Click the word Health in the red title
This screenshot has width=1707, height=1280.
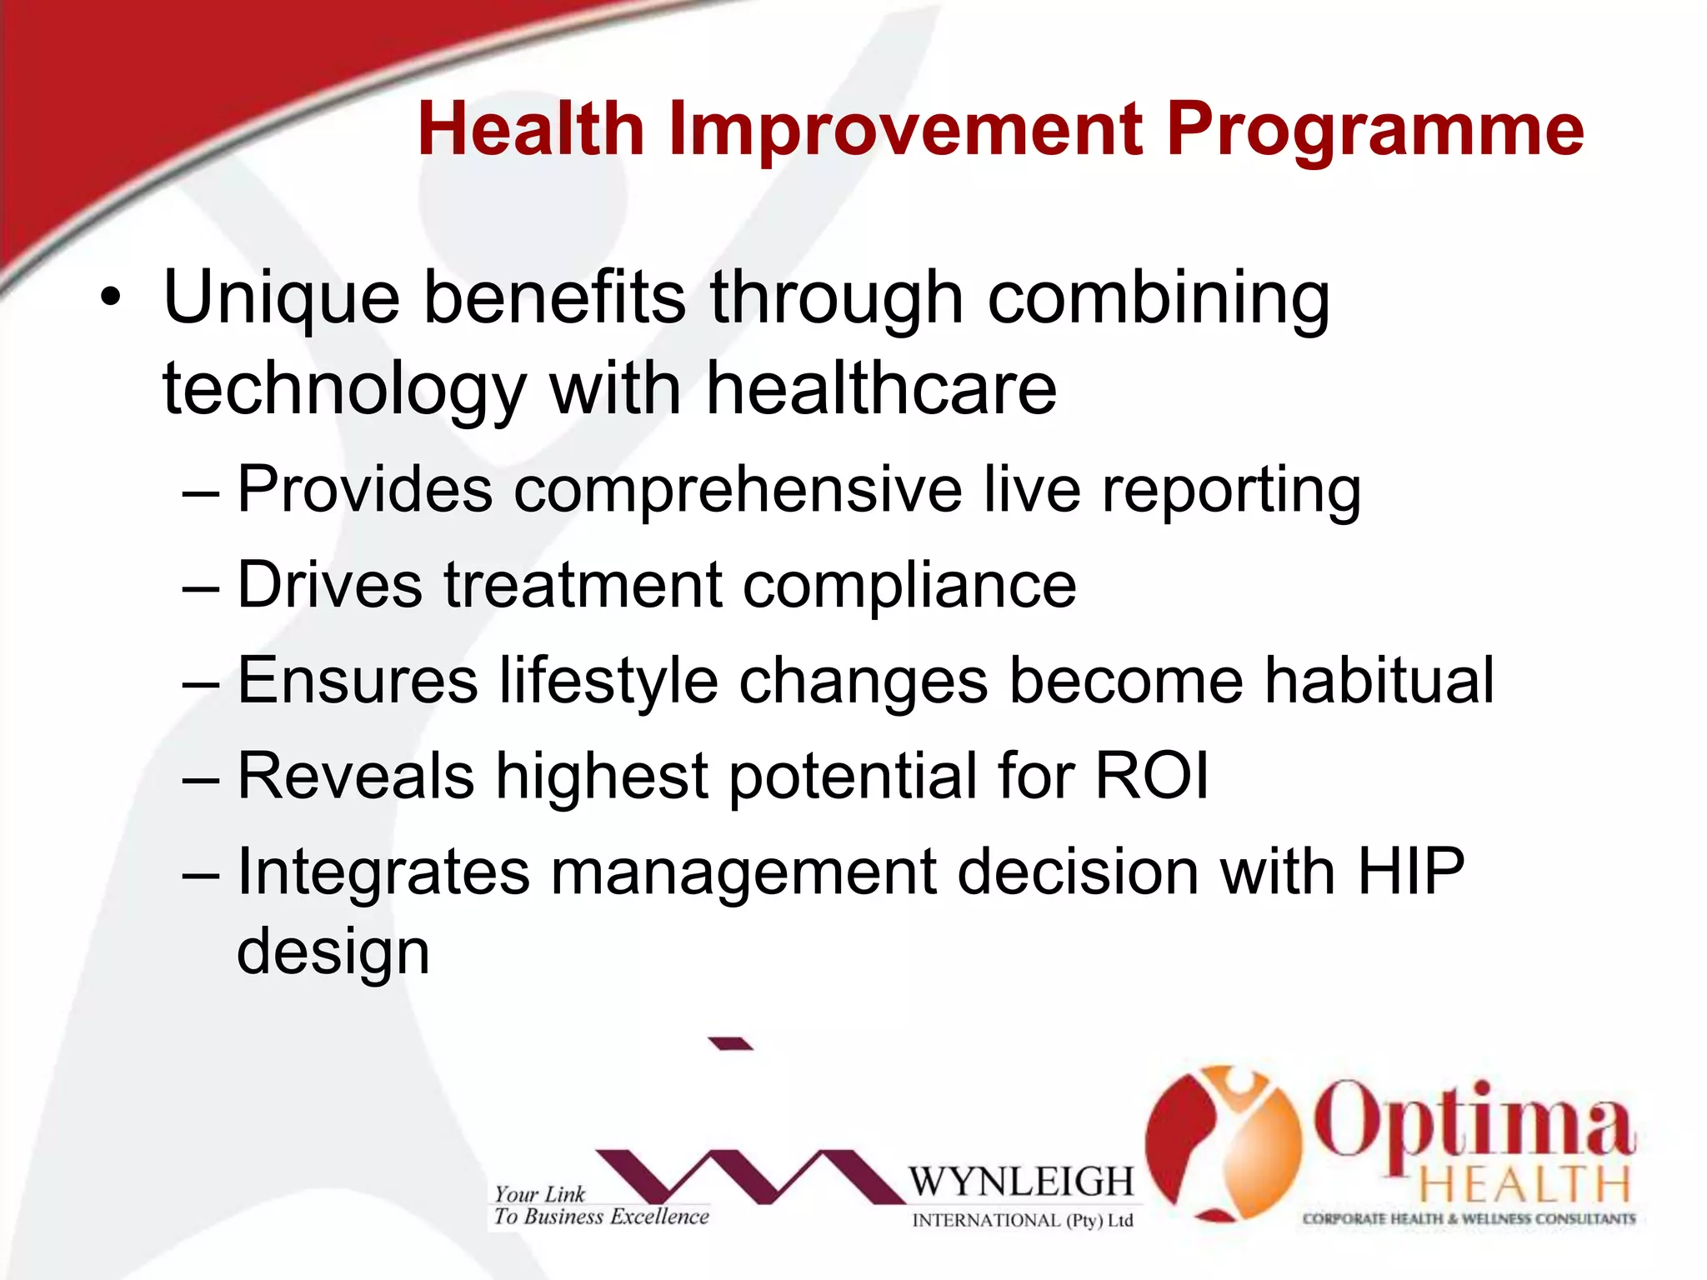[531, 130]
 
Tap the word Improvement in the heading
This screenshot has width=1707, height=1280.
[905, 130]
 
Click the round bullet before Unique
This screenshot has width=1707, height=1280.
[111, 297]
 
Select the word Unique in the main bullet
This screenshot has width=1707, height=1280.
[281, 298]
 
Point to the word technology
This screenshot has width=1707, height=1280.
[344, 390]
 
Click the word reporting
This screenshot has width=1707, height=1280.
[1231, 492]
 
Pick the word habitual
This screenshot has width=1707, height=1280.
[1379, 680]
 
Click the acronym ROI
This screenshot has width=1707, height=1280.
[1151, 776]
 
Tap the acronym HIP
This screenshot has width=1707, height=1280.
[1410, 872]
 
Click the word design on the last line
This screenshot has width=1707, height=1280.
[333, 952]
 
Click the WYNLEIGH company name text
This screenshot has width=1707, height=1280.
[1021, 1182]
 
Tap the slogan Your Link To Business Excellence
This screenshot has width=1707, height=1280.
[600, 1206]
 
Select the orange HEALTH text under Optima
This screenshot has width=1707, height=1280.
[1524, 1185]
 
